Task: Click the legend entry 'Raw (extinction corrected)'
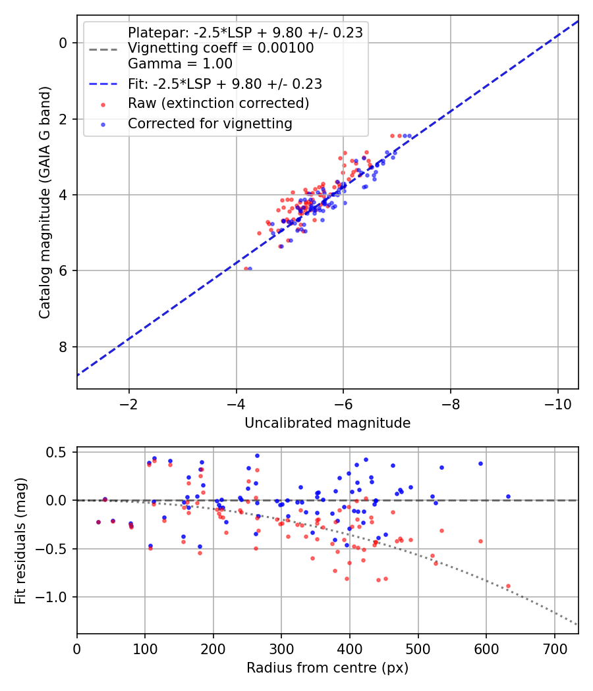pyautogui.click(x=218, y=103)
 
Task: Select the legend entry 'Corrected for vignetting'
pyautogui.click(x=210, y=123)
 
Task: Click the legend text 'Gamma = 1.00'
pyautogui.click(x=180, y=64)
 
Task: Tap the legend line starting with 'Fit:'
pyautogui.click(x=225, y=84)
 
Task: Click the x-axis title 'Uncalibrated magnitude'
pyautogui.click(x=327, y=423)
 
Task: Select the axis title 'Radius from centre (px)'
pyautogui.click(x=327, y=668)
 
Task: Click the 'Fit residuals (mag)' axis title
pyautogui.click(x=20, y=540)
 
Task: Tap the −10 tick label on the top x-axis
pyautogui.click(x=557, y=403)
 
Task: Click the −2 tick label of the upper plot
pyautogui.click(x=129, y=403)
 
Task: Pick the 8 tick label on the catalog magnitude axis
pyautogui.click(x=63, y=347)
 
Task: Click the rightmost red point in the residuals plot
pyautogui.click(x=508, y=586)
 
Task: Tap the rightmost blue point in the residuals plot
pyautogui.click(x=508, y=496)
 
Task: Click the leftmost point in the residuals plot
pyautogui.click(x=98, y=522)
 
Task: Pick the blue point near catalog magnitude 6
pyautogui.click(x=250, y=269)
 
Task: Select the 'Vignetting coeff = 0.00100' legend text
pyautogui.click(x=221, y=48)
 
